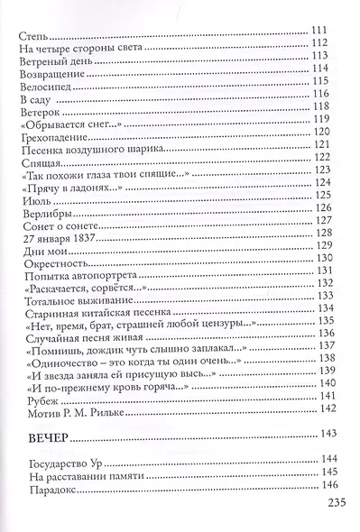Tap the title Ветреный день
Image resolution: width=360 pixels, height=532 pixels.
pyautogui.click(x=53, y=64)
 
